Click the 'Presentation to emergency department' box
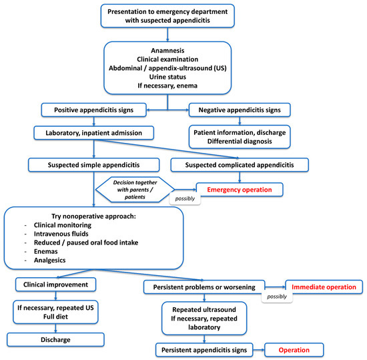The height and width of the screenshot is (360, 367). (183, 16)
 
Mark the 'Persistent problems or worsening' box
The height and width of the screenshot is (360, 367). (204, 287)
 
